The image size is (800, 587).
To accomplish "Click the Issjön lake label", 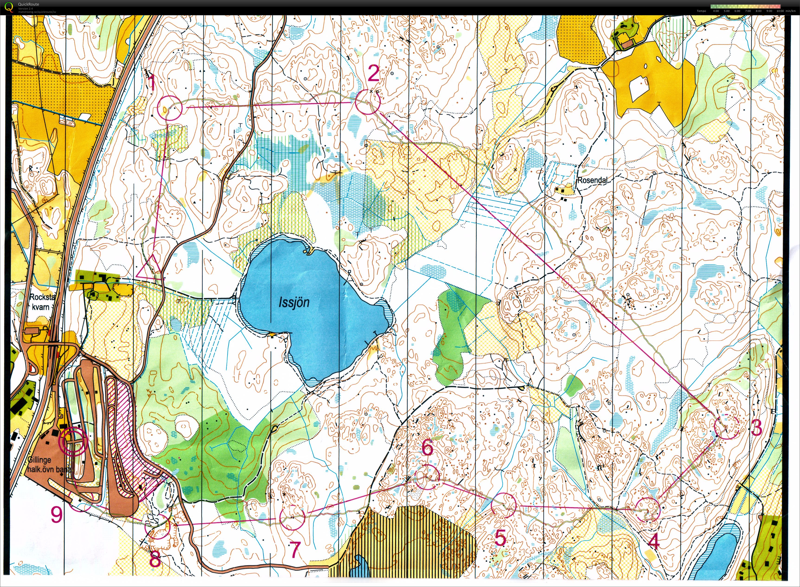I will pos(294,302).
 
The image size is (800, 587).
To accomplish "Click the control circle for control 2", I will pos(368,102).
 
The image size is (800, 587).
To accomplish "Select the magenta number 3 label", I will pos(757,427).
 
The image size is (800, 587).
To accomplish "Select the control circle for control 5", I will pos(503,506).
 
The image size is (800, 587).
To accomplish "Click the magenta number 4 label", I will pos(654,542).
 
